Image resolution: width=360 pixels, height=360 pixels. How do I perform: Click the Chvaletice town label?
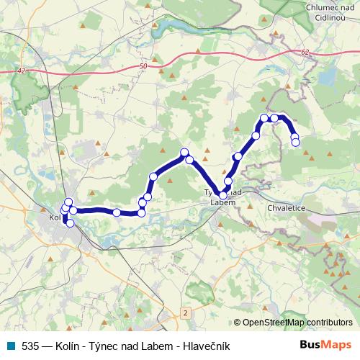[287, 207]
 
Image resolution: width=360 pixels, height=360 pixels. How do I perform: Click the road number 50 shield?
[144, 66]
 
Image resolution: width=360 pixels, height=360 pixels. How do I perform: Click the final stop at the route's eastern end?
[295, 143]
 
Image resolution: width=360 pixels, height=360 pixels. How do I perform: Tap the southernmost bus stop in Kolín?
[70, 223]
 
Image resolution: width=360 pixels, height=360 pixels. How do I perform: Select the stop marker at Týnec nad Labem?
[223, 195]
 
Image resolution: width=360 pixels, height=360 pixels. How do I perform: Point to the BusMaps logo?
[325, 346]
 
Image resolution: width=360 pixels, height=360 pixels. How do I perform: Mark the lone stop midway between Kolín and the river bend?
[116, 212]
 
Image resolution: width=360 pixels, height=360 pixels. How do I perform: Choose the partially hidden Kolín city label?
[55, 216]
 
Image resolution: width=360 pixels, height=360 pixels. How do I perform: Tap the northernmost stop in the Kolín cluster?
[68, 202]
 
